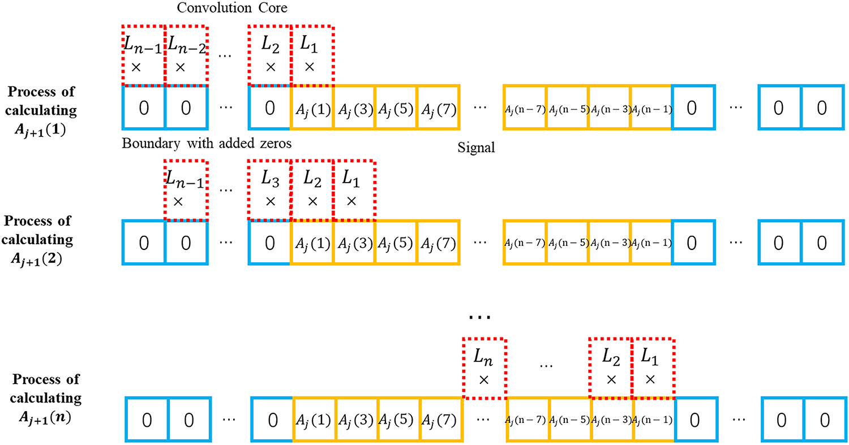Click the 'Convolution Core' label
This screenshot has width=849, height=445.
[232, 7]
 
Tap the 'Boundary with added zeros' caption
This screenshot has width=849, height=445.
[207, 144]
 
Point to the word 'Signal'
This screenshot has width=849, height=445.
[476, 148]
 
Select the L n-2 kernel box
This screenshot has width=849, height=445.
[186, 55]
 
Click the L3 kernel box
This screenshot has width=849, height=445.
[269, 190]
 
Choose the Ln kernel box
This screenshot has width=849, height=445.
[484, 368]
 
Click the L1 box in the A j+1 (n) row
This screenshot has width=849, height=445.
[653, 368]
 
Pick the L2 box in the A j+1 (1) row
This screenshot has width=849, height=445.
[269, 55]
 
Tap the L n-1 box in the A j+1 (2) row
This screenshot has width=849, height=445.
[186, 190]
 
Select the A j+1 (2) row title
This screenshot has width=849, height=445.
[37, 240]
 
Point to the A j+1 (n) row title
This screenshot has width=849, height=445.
[46, 398]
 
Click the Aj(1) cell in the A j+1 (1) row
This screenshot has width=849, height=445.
[312, 107]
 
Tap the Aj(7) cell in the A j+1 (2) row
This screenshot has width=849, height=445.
[438, 243]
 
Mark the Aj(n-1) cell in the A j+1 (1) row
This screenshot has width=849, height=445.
[651, 107]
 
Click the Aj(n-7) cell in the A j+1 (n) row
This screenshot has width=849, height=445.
[527, 420]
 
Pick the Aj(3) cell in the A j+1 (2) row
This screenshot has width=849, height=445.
[354, 243]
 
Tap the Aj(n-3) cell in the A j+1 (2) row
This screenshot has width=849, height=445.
[609, 243]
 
